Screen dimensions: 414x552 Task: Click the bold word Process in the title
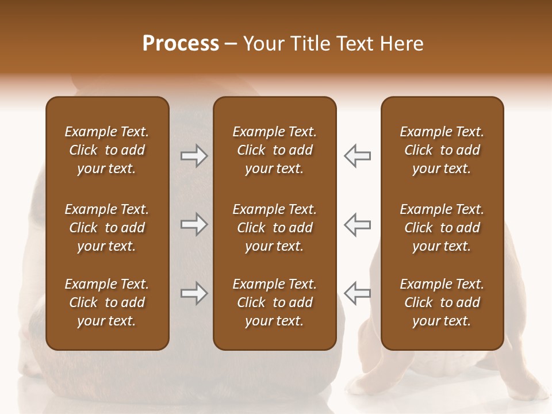click(x=181, y=44)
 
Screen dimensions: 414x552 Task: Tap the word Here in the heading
click(x=400, y=44)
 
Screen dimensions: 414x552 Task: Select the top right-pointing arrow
click(x=194, y=156)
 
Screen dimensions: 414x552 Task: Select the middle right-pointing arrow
click(x=194, y=224)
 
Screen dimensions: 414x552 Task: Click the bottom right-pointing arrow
click(x=194, y=294)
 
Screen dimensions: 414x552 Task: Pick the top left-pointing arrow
click(x=358, y=156)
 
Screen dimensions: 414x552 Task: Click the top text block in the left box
click(x=107, y=150)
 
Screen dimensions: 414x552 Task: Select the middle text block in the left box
click(x=107, y=228)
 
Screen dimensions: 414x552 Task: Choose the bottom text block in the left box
click(x=107, y=302)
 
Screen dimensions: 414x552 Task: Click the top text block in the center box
click(x=274, y=150)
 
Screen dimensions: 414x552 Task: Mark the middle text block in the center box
click(x=274, y=228)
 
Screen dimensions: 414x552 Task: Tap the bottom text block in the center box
click(x=274, y=302)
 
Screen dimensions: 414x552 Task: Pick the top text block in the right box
click(x=442, y=150)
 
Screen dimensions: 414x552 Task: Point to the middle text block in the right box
click(x=442, y=228)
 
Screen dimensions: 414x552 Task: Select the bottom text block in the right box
click(x=442, y=302)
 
